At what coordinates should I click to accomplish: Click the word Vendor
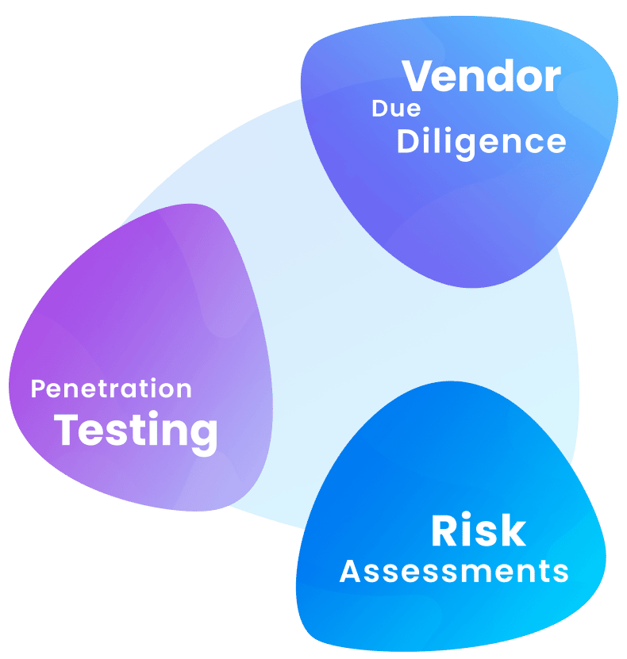click(482, 76)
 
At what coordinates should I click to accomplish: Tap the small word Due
click(396, 109)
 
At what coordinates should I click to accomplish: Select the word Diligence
click(481, 142)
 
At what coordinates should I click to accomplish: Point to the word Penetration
click(111, 389)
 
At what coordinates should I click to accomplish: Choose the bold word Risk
click(478, 531)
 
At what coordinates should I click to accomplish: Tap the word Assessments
click(454, 571)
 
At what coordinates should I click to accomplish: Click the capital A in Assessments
click(350, 571)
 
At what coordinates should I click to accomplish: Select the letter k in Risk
click(512, 531)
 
